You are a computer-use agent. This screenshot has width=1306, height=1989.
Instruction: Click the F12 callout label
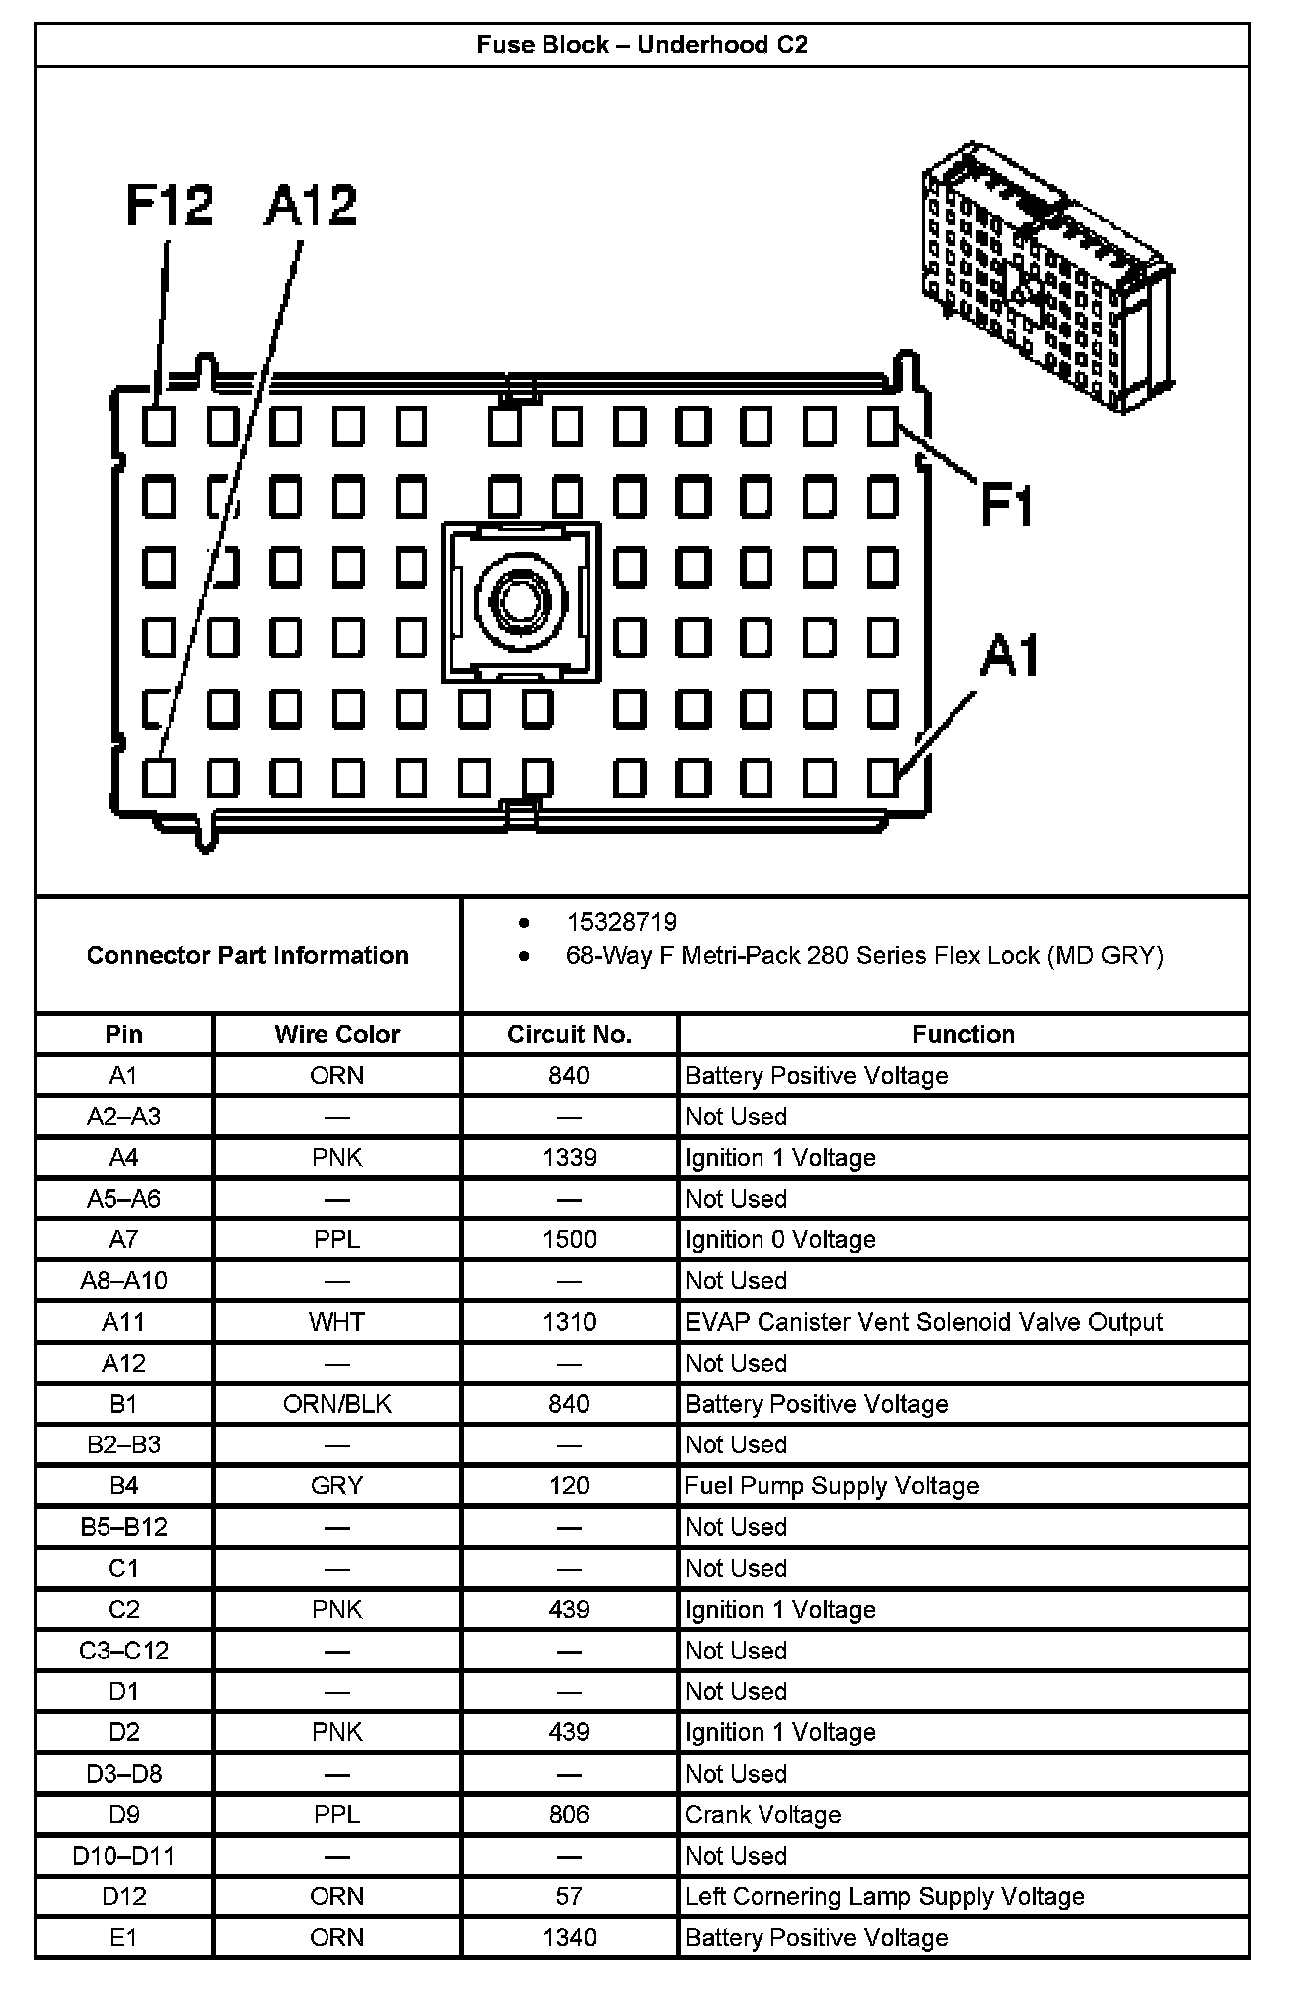click(169, 206)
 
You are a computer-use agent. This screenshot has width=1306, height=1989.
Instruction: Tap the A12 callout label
click(311, 206)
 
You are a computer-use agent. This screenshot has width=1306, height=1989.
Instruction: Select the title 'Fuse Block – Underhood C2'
click(642, 45)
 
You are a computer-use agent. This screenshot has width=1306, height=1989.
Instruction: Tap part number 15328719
click(621, 922)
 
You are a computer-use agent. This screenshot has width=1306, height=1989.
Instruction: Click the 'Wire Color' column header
click(336, 1034)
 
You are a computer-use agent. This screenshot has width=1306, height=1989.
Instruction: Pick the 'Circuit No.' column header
click(569, 1034)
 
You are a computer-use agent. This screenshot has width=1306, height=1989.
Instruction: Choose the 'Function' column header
click(963, 1034)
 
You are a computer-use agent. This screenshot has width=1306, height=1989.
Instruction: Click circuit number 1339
click(569, 1158)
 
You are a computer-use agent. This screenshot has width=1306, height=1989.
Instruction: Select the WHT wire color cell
click(336, 1322)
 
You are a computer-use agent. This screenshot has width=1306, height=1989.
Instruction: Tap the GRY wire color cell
click(336, 1486)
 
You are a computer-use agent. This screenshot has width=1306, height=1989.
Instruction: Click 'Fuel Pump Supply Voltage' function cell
click(831, 1486)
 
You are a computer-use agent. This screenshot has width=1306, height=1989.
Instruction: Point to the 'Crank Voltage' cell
click(762, 1815)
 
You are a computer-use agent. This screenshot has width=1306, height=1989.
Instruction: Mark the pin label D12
click(123, 1897)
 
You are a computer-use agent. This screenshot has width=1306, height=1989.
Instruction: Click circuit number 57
click(569, 1897)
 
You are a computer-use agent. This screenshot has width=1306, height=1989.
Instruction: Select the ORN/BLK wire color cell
click(336, 1404)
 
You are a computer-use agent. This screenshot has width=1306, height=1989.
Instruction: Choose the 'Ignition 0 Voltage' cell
click(779, 1239)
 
